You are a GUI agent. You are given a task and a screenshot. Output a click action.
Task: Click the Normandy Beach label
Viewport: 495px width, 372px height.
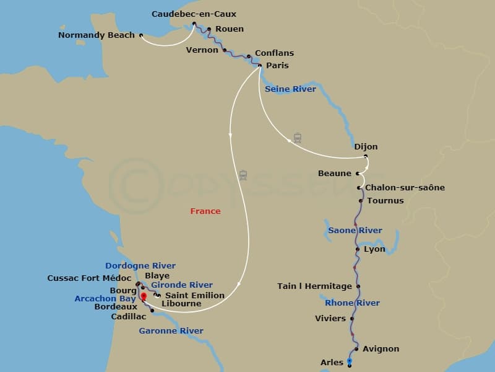click(x=96, y=35)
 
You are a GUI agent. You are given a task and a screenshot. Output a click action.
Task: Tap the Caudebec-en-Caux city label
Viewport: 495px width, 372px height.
click(x=194, y=14)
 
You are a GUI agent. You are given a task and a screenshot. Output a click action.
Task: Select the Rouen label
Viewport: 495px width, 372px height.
click(x=229, y=29)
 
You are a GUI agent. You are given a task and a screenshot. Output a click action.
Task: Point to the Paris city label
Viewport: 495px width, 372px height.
click(x=277, y=66)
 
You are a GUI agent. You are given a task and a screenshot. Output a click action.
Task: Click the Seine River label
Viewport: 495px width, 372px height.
click(x=290, y=89)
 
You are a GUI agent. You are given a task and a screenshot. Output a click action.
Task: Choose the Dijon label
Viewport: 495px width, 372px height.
click(x=366, y=147)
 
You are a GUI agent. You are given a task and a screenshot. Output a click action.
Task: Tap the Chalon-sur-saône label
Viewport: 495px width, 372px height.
click(x=405, y=188)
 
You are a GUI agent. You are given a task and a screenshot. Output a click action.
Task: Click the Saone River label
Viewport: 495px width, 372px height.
click(x=355, y=231)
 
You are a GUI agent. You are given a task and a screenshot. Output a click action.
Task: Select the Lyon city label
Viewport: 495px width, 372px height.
click(x=374, y=249)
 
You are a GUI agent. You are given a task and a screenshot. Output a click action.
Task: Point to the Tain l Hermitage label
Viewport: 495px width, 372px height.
click(x=314, y=286)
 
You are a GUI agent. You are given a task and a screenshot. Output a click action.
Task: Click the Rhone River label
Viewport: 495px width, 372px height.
click(x=352, y=303)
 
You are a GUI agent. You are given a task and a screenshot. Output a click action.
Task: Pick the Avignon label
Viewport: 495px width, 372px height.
click(x=381, y=349)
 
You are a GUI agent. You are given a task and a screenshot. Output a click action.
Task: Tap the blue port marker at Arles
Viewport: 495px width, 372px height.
click(x=350, y=360)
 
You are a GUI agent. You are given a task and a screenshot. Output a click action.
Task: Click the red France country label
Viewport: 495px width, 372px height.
click(x=205, y=211)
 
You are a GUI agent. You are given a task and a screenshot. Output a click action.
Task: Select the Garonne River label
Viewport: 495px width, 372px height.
click(x=171, y=331)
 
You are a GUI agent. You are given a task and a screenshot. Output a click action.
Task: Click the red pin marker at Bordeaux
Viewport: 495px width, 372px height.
click(x=144, y=296)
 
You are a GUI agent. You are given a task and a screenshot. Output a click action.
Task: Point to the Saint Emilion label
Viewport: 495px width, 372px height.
click(x=194, y=296)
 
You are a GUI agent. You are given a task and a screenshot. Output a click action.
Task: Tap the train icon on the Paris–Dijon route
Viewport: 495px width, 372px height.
click(x=298, y=138)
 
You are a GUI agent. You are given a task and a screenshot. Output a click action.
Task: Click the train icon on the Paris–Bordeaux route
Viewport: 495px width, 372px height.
click(x=243, y=175)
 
